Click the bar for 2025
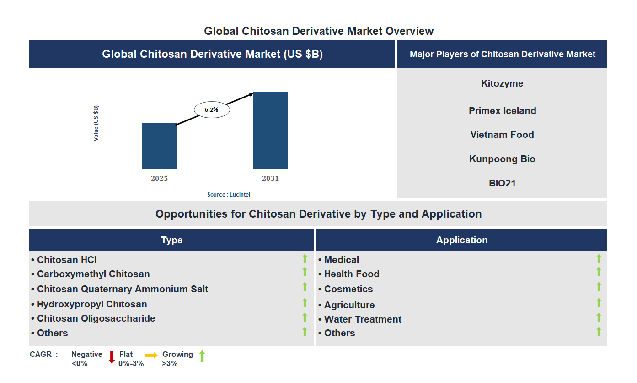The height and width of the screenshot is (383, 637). click(x=159, y=146)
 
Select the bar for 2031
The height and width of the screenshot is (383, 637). click(x=271, y=131)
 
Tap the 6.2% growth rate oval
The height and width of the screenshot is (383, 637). click(x=212, y=110)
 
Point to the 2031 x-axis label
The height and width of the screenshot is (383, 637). click(x=270, y=178)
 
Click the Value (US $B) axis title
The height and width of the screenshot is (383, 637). click(x=96, y=123)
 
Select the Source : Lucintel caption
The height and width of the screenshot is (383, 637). click(x=229, y=195)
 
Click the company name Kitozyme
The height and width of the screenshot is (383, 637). click(x=502, y=83)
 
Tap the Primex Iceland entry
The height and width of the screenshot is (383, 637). click(x=502, y=111)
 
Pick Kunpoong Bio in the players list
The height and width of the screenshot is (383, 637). click(x=502, y=159)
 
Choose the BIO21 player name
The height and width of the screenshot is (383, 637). click(x=502, y=183)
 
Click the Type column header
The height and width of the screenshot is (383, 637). click(x=171, y=240)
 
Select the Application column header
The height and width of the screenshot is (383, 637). click(x=462, y=240)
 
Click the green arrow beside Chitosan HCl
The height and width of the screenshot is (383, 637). click(x=305, y=259)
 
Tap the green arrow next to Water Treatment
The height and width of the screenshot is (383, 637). click(x=599, y=317)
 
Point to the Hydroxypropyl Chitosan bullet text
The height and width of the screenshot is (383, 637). click(x=92, y=304)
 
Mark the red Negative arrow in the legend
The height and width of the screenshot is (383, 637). click(x=112, y=357)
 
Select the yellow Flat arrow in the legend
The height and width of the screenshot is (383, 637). click(x=151, y=355)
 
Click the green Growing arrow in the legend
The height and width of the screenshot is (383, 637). click(x=202, y=356)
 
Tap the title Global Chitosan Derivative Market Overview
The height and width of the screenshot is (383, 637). click(x=319, y=31)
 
